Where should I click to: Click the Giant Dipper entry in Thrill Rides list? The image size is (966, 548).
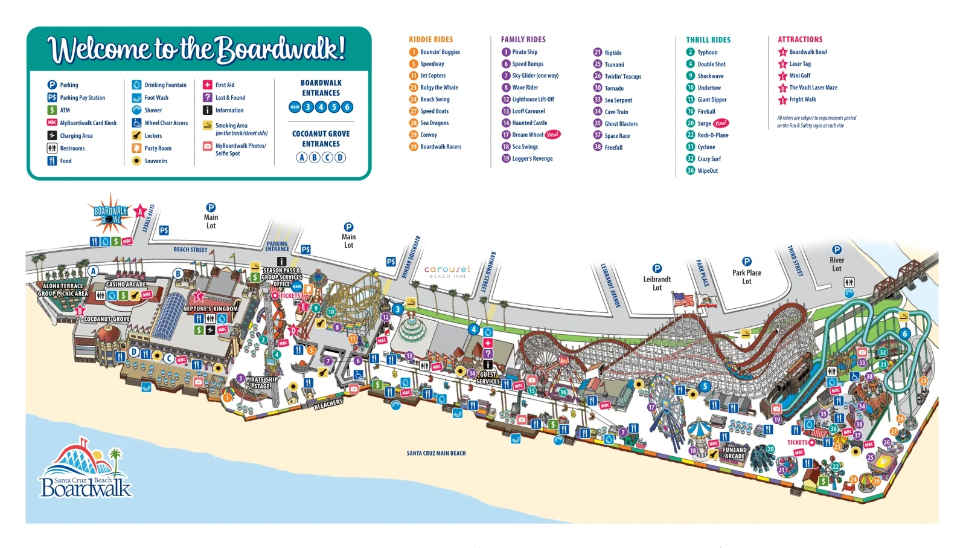(711, 100)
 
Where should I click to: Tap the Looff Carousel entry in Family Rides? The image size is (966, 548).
(528, 111)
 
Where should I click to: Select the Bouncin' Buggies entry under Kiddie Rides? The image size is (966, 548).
(440, 52)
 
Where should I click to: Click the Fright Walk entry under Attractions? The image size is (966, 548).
(802, 100)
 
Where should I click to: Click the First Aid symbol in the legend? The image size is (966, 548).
(207, 85)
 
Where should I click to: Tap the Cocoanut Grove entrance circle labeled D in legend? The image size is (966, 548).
(341, 157)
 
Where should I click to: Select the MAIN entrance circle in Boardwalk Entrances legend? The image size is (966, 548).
(295, 107)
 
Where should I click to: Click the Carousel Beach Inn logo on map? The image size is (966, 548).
(447, 271)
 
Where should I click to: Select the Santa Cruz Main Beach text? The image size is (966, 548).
(436, 453)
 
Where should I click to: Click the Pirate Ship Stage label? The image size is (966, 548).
(261, 383)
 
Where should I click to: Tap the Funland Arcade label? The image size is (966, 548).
(734, 453)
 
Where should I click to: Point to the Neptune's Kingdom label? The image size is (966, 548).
(210, 309)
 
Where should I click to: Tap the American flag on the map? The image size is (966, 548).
(683, 299)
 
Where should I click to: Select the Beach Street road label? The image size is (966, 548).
(190, 250)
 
